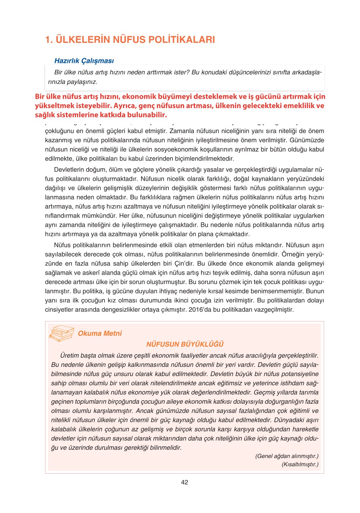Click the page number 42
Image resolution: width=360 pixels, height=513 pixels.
pyautogui.click(x=184, y=482)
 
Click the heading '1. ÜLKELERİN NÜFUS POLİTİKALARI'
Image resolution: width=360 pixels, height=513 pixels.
pyautogui.click(x=130, y=40)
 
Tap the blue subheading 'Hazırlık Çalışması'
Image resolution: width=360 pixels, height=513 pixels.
pyautogui.click(x=84, y=61)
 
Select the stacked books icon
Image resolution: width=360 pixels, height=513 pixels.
pyautogui.click(x=61, y=333)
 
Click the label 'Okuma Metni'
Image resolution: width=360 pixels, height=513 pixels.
pyautogui.click(x=99, y=333)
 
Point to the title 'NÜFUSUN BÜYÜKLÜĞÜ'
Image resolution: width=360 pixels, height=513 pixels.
pyautogui.click(x=185, y=344)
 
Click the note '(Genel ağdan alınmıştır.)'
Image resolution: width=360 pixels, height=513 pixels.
pyautogui.click(x=287, y=456)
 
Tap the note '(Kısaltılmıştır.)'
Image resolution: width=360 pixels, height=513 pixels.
pyautogui.click(x=300, y=464)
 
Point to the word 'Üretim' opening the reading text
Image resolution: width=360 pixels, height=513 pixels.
pyautogui.click(x=69, y=355)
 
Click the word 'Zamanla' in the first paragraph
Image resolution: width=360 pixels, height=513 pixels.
pyautogui.click(x=181, y=131)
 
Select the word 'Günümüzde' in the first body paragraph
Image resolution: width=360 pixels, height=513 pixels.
pyautogui.click(x=307, y=140)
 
